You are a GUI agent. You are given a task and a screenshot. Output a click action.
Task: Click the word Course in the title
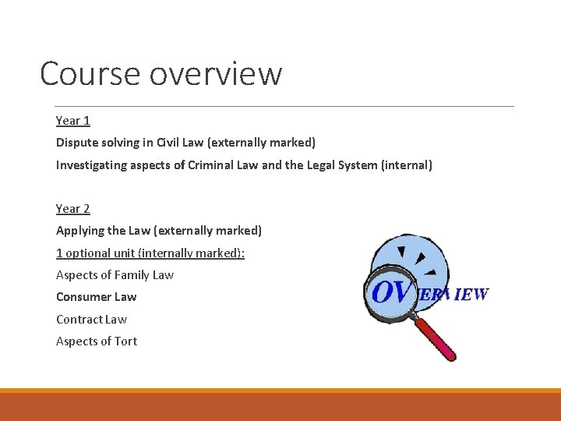pos(88,74)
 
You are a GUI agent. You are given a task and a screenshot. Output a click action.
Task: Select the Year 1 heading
pos(73,121)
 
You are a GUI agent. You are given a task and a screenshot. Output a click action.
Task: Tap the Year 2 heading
pos(73,209)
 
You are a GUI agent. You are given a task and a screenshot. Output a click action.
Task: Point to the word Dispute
pos(78,143)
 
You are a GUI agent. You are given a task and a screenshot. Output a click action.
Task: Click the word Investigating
pos(90,165)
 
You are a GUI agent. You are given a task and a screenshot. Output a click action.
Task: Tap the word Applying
pos(79,231)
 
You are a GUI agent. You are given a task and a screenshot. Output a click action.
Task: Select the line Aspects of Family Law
pos(115,275)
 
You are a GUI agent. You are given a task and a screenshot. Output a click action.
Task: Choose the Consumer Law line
pos(96,297)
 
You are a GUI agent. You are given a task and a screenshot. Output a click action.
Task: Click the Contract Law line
pos(91,320)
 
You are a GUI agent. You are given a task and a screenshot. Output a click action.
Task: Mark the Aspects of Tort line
pos(97,341)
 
